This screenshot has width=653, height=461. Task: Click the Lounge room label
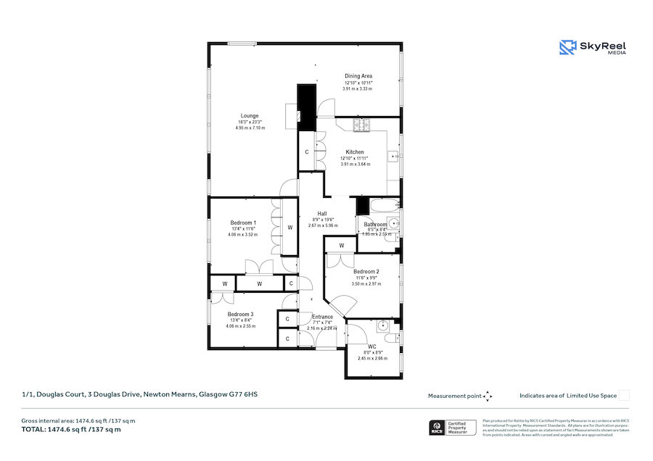tap(250, 115)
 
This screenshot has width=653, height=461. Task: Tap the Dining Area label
tap(358, 76)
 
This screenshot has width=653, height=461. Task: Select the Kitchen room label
tap(355, 152)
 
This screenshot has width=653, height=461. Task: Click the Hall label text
tap(322, 214)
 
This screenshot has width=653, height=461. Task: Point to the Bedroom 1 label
tap(242, 223)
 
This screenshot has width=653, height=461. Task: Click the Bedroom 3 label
tap(242, 314)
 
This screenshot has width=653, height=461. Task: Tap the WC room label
tap(371, 347)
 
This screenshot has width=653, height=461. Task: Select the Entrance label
tap(322, 317)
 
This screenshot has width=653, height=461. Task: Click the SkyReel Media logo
tap(593, 48)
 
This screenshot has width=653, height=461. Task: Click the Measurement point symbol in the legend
tap(488, 396)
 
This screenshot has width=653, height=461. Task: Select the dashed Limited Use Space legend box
tap(624, 396)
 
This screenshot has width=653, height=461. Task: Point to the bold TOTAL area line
tap(71, 430)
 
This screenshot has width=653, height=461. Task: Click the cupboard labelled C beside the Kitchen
tap(307, 152)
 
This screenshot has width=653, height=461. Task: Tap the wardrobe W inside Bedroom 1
tap(289, 228)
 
